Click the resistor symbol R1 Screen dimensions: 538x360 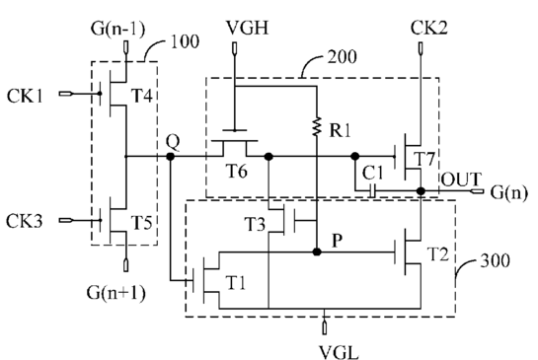(x=317, y=126)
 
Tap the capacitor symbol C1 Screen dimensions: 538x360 (x=372, y=190)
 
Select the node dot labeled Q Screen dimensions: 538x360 (x=170, y=157)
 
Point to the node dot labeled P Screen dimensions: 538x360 (x=317, y=252)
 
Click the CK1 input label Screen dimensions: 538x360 (x=25, y=96)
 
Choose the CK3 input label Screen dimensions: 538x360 (x=25, y=221)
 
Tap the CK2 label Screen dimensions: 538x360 (x=429, y=28)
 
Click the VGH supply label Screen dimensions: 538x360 (x=247, y=28)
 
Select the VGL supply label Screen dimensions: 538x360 (x=339, y=352)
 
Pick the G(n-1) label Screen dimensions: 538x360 (x=118, y=29)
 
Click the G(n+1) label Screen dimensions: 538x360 (x=116, y=293)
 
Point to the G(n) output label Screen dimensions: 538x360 (x=508, y=192)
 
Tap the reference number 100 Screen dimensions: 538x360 (x=185, y=41)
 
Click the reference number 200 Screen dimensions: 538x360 (x=343, y=57)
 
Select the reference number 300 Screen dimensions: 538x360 (x=496, y=260)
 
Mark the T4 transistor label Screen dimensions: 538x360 (x=142, y=95)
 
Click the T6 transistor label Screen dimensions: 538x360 (x=236, y=171)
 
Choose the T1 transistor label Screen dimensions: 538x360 (x=236, y=283)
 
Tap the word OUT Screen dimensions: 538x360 (x=461, y=180)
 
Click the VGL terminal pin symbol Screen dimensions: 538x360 (x=324, y=328)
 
